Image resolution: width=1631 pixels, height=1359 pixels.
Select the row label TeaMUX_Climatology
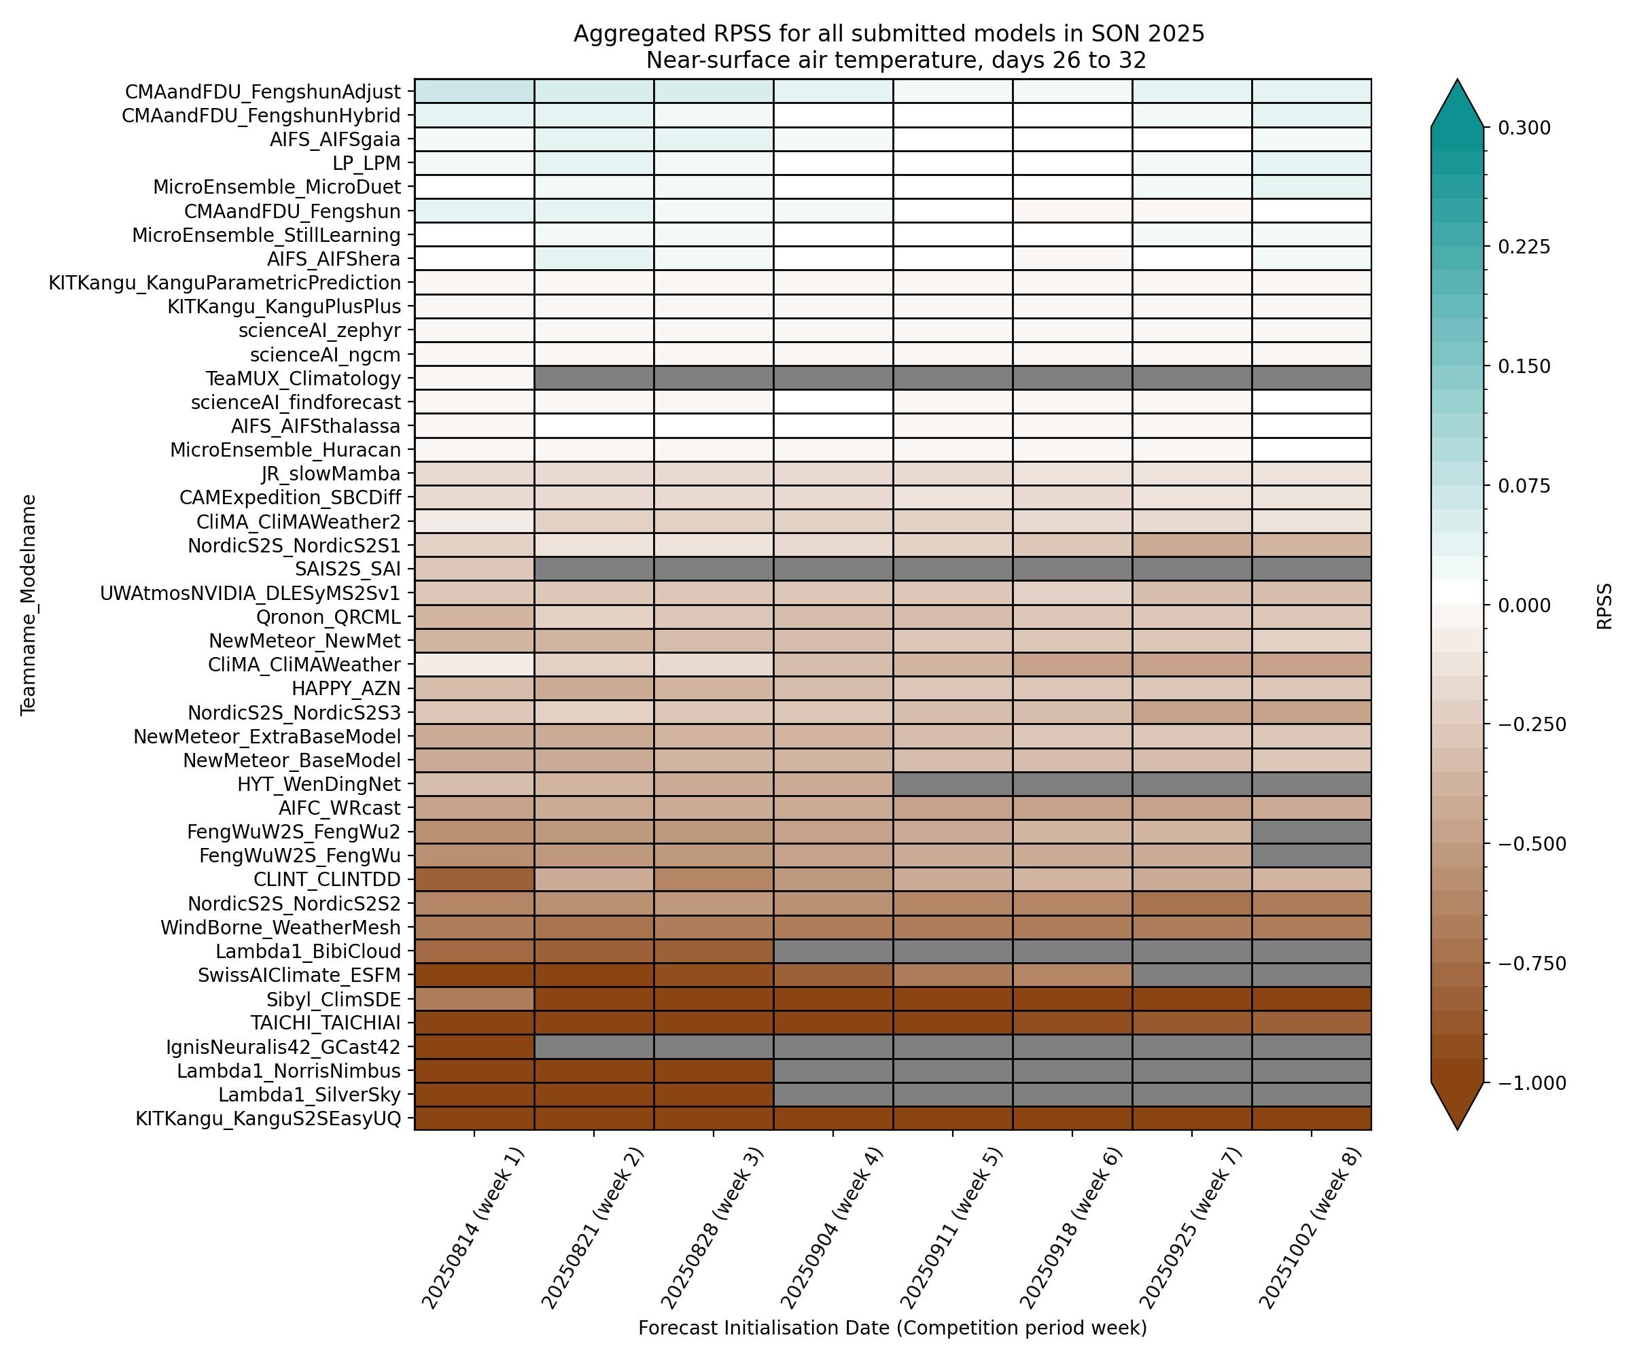[x=303, y=378]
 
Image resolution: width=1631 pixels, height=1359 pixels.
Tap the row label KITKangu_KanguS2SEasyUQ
[x=268, y=1118]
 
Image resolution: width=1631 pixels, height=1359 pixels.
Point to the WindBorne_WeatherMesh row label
[x=281, y=928]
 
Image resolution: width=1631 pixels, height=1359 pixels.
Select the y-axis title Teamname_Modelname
[x=29, y=604]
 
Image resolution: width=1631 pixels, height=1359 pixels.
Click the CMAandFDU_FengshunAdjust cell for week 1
[x=474, y=91]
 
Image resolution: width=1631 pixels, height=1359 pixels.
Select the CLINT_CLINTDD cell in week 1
[x=474, y=879]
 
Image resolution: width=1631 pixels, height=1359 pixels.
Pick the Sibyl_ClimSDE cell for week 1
[x=474, y=999]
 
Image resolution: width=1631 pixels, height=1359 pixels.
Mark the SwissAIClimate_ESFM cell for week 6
[x=1072, y=974]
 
